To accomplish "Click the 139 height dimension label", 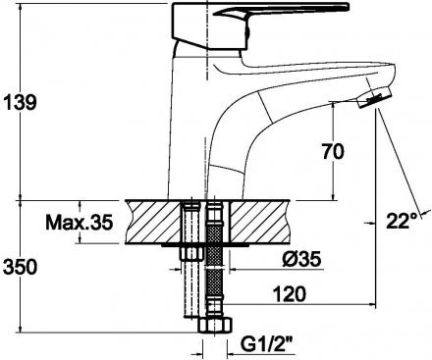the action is [20, 102].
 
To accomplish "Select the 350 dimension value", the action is [20, 267].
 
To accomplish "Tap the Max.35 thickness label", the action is [80, 223].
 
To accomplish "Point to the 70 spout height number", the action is [333, 152].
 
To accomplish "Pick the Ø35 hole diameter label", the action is [300, 260].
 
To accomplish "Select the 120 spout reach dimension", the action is [290, 294].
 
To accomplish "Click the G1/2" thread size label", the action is [266, 344].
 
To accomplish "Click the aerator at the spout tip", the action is [374, 97].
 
